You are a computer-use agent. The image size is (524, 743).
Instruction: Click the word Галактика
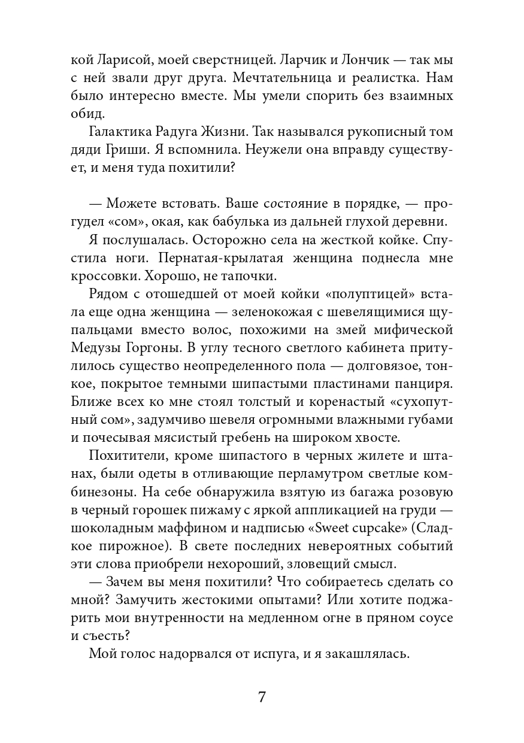(x=119, y=134)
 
